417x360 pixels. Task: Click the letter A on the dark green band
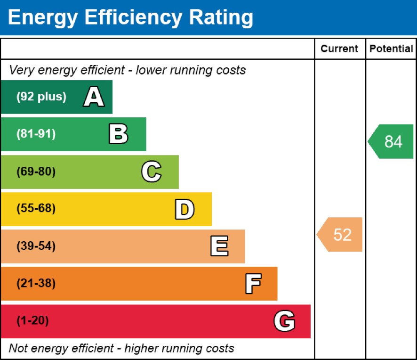[94, 98]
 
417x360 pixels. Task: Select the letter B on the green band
[118, 134]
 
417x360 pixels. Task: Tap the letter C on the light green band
[151, 172]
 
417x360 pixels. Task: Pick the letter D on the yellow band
[184, 209]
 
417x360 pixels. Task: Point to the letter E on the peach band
[219, 246]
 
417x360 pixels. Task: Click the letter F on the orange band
[253, 284]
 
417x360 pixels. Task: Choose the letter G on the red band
[284, 321]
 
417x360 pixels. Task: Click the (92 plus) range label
[41, 97]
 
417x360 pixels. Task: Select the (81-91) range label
[36, 134]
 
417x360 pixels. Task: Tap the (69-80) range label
[36, 172]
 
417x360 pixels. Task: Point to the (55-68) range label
[36, 209]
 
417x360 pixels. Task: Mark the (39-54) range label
[36, 246]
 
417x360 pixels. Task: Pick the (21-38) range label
[36, 284]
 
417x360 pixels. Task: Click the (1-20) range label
[32, 321]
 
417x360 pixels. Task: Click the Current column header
[339, 49]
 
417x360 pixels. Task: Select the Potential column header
[391, 49]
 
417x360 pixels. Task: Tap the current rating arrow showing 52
[340, 234]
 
